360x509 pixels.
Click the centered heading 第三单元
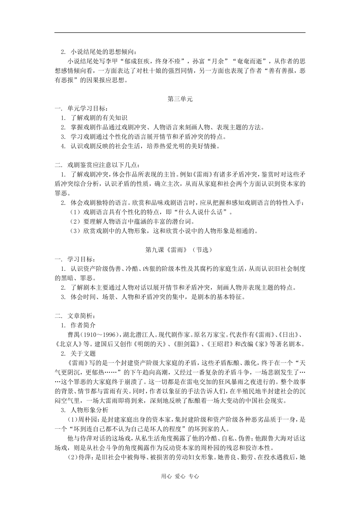180,99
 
